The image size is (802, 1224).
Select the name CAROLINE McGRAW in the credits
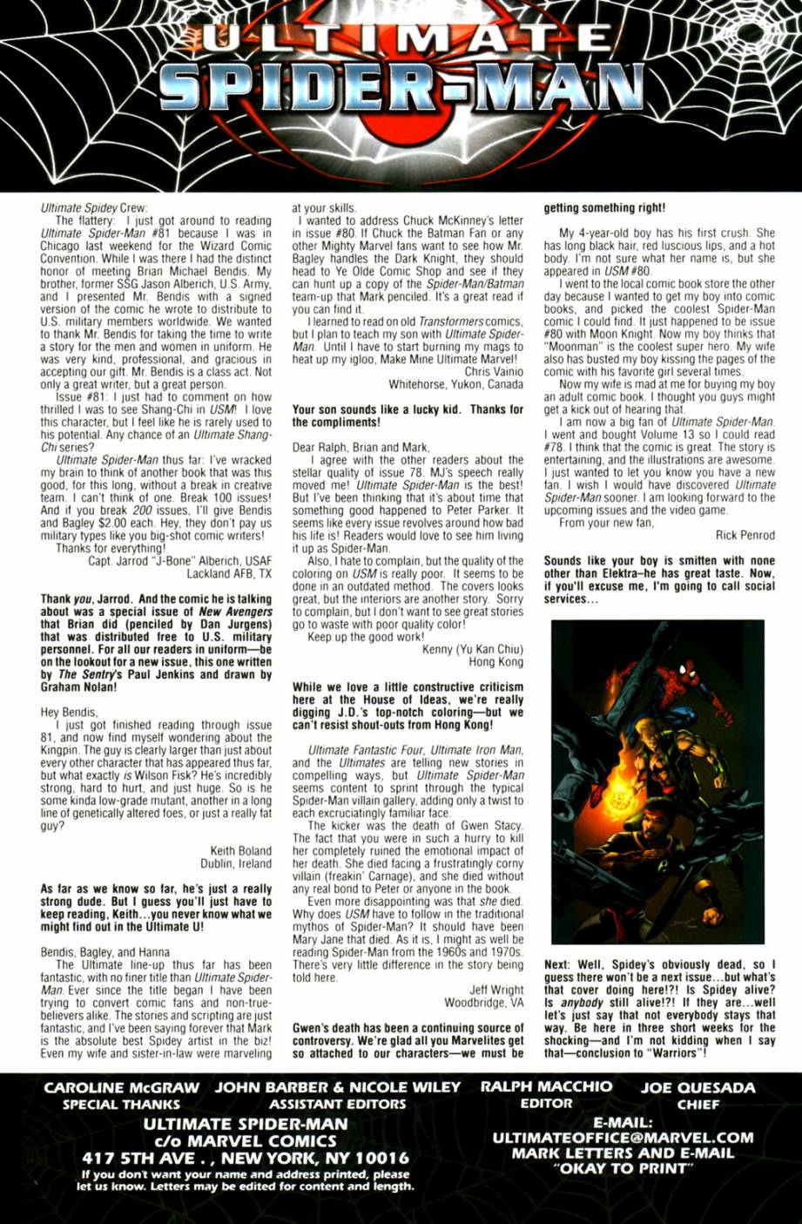pyautogui.click(x=122, y=1087)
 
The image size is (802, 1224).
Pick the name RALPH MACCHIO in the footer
pyautogui.click(x=546, y=1086)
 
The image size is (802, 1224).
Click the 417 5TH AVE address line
pyautogui.click(x=246, y=1158)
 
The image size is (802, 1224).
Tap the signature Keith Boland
pyautogui.click(x=240, y=850)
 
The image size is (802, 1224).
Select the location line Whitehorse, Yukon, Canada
pyautogui.click(x=456, y=384)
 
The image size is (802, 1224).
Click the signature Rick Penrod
pyautogui.click(x=745, y=536)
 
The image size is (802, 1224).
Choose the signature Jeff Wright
pyautogui.click(x=496, y=990)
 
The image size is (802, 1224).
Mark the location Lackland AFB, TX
pyautogui.click(x=229, y=574)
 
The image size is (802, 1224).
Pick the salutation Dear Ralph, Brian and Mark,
pyautogui.click(x=361, y=448)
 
